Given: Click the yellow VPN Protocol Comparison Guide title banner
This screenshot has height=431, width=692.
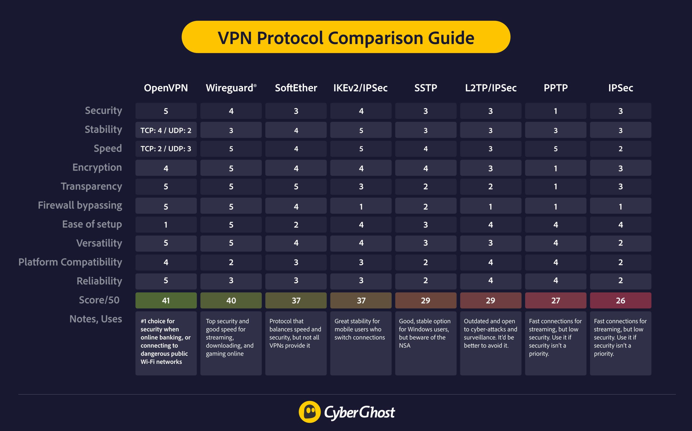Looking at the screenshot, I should click(x=346, y=37).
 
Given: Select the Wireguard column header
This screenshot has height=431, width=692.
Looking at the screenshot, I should click(x=231, y=88).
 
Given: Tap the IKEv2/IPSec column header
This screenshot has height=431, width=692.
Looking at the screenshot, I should click(x=360, y=88).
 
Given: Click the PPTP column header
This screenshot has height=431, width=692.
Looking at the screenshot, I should click(x=555, y=88).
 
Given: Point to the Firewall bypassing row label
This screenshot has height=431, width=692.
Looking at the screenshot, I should click(x=80, y=205).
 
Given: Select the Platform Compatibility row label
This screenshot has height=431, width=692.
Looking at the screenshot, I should click(x=70, y=262).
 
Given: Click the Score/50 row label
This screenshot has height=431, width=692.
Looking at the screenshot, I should click(x=99, y=300).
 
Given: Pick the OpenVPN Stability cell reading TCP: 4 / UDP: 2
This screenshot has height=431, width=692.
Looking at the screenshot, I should click(x=166, y=130).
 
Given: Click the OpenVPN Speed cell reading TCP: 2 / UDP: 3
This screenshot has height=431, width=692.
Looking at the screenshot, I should click(x=166, y=149).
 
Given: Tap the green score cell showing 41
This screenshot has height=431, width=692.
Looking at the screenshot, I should click(x=166, y=300).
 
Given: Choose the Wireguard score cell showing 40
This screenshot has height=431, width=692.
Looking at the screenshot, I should click(x=231, y=300).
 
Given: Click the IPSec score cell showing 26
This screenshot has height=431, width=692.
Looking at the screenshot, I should click(x=620, y=300).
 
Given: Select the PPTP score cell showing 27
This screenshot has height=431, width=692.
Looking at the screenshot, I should click(x=555, y=300).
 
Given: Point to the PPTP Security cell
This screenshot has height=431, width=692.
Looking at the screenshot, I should click(x=555, y=111).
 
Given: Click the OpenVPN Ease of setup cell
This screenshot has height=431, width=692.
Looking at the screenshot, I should click(x=166, y=225).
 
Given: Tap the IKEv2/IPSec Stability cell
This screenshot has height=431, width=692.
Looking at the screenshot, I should click(x=361, y=130).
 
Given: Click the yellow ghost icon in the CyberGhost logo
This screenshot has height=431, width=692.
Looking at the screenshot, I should click(x=310, y=412).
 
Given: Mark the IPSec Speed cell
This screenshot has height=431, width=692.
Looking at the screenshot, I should click(x=620, y=149).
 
